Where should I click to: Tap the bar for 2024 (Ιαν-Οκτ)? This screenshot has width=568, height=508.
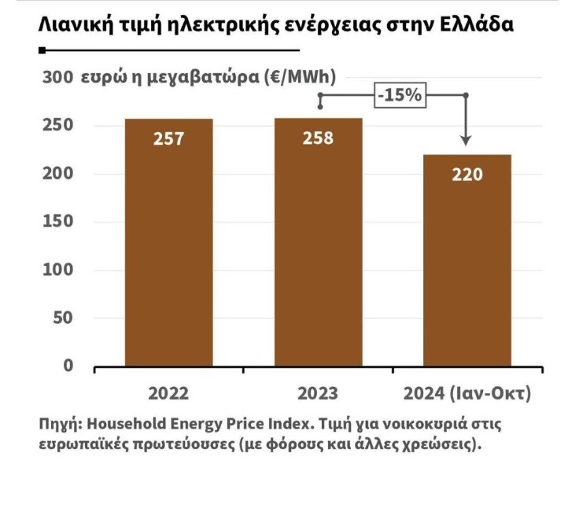(x=467, y=260)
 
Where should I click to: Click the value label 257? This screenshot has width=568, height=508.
(x=168, y=138)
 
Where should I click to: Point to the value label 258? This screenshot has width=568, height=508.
(x=318, y=138)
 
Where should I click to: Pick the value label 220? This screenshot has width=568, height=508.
(x=467, y=175)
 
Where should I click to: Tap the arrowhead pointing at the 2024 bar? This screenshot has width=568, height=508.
(x=466, y=140)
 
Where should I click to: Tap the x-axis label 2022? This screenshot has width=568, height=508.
(x=168, y=393)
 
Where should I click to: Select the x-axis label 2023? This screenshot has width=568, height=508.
(x=318, y=393)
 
